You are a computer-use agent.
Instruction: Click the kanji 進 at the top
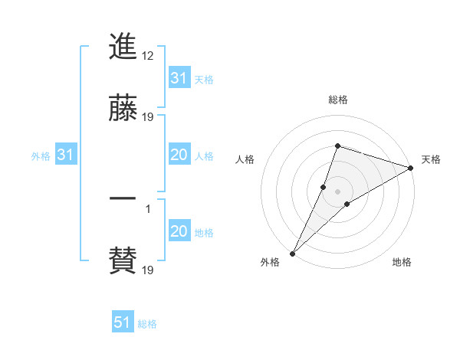click(123, 47)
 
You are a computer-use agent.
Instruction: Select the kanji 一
click(123, 200)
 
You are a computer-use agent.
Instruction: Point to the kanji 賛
click(123, 260)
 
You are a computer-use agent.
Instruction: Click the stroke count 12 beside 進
click(149, 55)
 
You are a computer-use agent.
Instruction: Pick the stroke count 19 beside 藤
click(149, 116)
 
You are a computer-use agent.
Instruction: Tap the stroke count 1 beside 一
click(148, 208)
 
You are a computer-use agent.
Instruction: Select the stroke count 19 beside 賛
click(149, 270)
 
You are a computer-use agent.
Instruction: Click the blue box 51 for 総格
click(123, 322)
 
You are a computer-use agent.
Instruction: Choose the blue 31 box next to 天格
click(179, 77)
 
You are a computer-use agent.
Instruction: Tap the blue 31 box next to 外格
click(66, 155)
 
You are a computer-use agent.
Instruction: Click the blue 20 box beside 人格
click(179, 155)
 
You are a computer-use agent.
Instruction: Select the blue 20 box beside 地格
click(179, 231)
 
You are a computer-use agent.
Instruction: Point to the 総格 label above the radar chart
click(338, 100)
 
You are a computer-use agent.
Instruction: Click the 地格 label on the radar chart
click(402, 262)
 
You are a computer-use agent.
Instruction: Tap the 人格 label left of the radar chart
click(245, 159)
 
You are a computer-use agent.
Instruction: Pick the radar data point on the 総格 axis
click(337, 146)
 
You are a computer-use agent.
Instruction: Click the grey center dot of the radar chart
click(337, 191)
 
